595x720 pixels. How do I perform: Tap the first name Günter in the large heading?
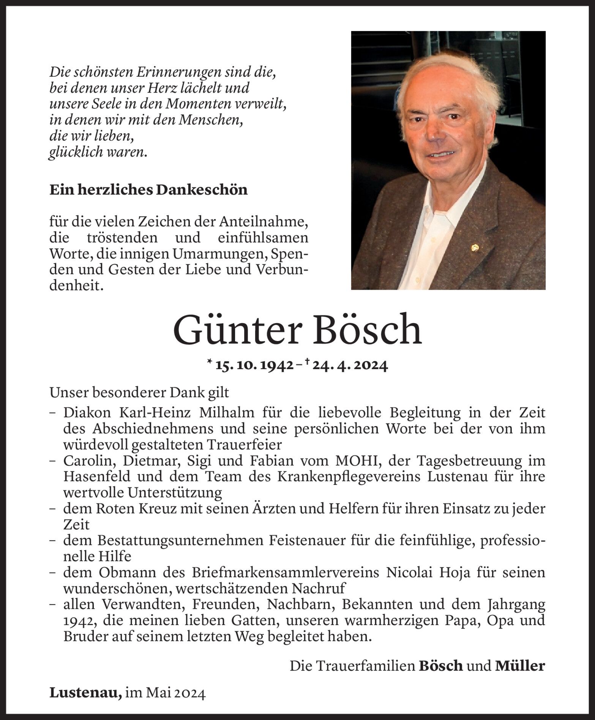point(238,329)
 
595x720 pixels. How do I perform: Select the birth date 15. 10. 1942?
point(254,365)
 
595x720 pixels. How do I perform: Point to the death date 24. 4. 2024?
point(349,365)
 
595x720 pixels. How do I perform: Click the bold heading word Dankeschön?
point(202,190)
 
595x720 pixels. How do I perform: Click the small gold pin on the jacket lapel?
point(474,248)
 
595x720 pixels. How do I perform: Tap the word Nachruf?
point(319,588)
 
